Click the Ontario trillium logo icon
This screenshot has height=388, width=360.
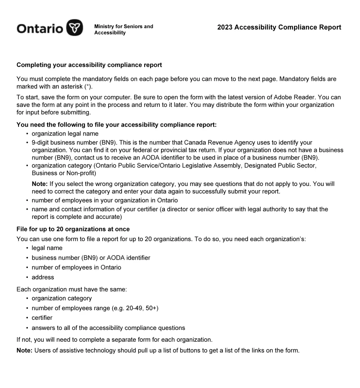click(75, 27)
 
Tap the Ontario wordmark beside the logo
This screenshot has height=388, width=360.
click(40, 28)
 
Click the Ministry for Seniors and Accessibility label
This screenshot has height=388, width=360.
click(124, 29)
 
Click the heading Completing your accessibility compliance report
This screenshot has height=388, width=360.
click(89, 65)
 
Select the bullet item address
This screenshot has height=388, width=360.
click(43, 277)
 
